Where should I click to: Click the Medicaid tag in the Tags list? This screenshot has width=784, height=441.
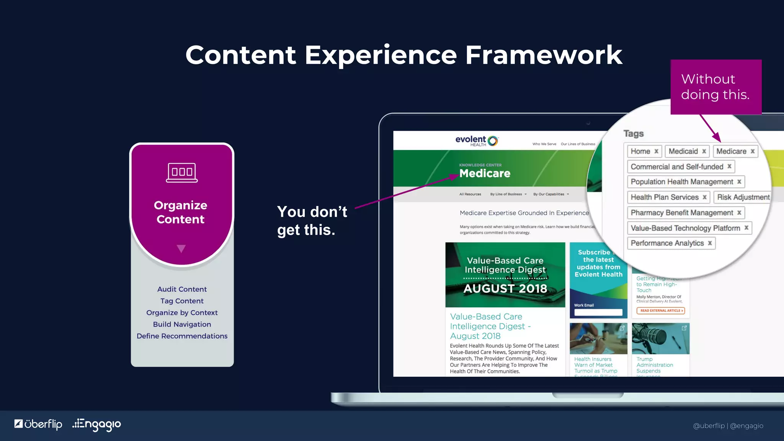click(683, 151)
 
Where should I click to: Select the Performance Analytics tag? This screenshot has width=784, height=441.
click(667, 243)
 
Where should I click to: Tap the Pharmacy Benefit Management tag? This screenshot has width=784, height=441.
click(682, 212)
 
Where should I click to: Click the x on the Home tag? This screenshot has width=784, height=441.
click(656, 151)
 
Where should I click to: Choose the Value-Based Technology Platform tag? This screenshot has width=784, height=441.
click(685, 228)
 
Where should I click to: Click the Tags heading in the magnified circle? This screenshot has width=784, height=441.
click(634, 134)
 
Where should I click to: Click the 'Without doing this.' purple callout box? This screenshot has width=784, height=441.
click(715, 87)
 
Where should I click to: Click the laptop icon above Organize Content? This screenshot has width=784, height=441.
click(182, 173)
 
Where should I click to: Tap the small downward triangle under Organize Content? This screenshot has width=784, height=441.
click(181, 249)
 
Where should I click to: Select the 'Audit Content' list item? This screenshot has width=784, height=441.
click(182, 289)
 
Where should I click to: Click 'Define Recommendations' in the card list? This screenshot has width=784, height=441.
click(182, 336)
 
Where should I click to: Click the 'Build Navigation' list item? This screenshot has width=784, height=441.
click(182, 324)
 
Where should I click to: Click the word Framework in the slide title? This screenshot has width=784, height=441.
click(544, 55)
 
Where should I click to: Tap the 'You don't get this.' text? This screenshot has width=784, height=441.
click(312, 221)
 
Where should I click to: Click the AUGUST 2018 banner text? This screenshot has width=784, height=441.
click(505, 288)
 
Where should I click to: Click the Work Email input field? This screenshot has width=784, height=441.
click(598, 312)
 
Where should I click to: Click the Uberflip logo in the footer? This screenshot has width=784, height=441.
click(38, 424)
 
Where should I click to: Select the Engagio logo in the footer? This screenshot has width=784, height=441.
click(96, 425)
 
